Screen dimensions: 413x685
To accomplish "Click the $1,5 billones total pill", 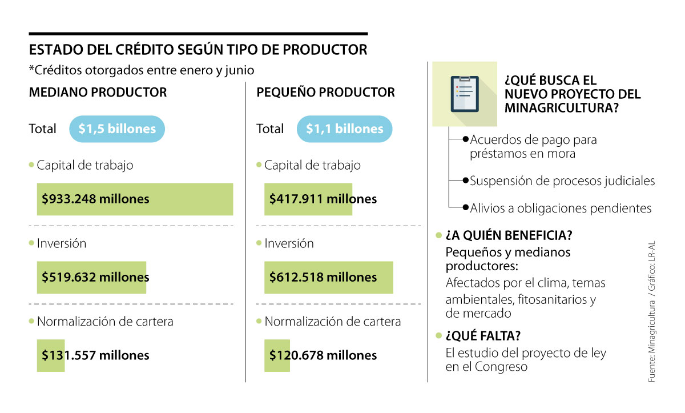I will tap(117, 129).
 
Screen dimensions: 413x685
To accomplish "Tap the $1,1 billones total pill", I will tap(344, 129).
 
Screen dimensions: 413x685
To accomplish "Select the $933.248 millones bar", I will tap(135, 199).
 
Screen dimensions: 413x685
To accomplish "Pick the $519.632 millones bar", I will tap(91, 278).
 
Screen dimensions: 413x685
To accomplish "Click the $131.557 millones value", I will tap(95, 355).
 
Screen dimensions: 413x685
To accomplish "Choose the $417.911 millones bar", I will tap(308, 199).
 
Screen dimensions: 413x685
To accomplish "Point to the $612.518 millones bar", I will tap(328, 278).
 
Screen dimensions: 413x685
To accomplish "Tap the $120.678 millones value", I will tap(323, 355).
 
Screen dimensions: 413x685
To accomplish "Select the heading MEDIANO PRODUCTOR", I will tap(98, 93).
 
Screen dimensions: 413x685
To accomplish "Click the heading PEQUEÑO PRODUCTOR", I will tap(325, 93).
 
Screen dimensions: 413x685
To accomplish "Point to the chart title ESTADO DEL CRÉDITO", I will tap(198, 50).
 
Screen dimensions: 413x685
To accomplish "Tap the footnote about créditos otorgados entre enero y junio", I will tap(142, 70).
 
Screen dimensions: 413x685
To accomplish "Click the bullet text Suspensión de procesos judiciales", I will tap(562, 181).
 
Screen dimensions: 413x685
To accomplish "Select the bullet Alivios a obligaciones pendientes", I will tap(561, 208).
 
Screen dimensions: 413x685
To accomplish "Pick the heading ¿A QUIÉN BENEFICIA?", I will tap(509, 235).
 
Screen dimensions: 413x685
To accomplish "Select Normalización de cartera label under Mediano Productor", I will tap(105, 322).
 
